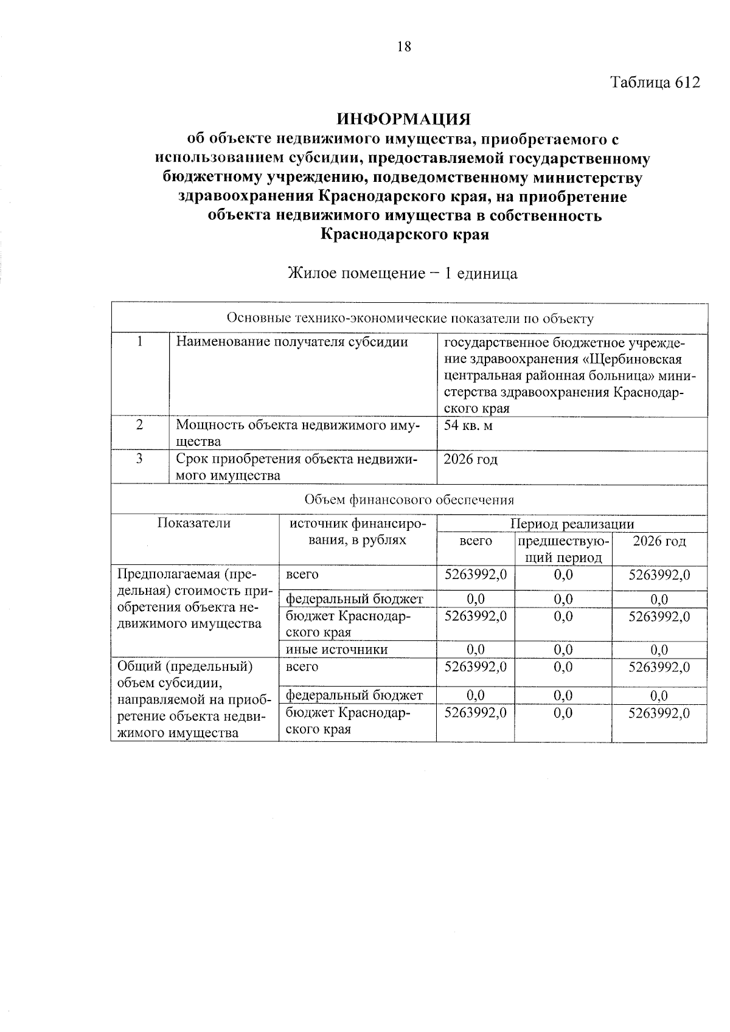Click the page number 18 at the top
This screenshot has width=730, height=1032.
[x=404, y=46]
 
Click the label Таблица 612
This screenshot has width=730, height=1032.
[x=655, y=83]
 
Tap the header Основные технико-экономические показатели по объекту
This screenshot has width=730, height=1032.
[x=409, y=318]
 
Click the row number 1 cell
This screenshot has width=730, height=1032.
[x=140, y=342]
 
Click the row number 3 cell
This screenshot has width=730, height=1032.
[x=140, y=459]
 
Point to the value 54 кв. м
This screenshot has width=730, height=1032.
[x=468, y=425]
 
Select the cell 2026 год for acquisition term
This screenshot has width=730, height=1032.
[x=470, y=459]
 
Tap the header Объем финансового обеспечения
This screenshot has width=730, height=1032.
[x=409, y=500]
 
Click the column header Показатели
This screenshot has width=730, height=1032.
[x=194, y=523]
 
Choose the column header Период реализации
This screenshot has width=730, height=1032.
[x=572, y=524]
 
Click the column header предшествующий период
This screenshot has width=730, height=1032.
[x=563, y=549]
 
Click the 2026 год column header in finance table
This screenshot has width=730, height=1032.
[x=659, y=541]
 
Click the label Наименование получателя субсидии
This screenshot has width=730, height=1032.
[x=291, y=342]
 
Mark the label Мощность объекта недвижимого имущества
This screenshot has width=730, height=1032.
[x=298, y=433]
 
